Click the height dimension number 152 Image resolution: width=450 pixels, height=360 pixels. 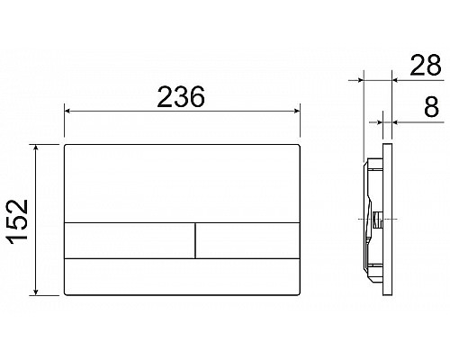point(20,218)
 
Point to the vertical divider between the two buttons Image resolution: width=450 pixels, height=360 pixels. point(195,239)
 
